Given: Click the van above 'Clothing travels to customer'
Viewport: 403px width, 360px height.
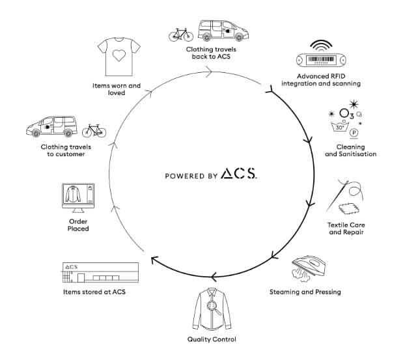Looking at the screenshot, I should pyautogui.click(x=49, y=126).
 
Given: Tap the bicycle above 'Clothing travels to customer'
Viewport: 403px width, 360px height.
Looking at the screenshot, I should pyautogui.click(x=94, y=131).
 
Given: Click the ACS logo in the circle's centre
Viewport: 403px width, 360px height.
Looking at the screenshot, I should pyautogui.click(x=238, y=174).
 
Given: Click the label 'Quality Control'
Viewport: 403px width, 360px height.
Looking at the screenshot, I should pyautogui.click(x=212, y=339).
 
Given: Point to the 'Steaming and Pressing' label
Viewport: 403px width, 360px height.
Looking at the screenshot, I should pyautogui.click(x=305, y=292).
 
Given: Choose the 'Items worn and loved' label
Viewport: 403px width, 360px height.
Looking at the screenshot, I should pyautogui.click(x=117, y=88).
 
